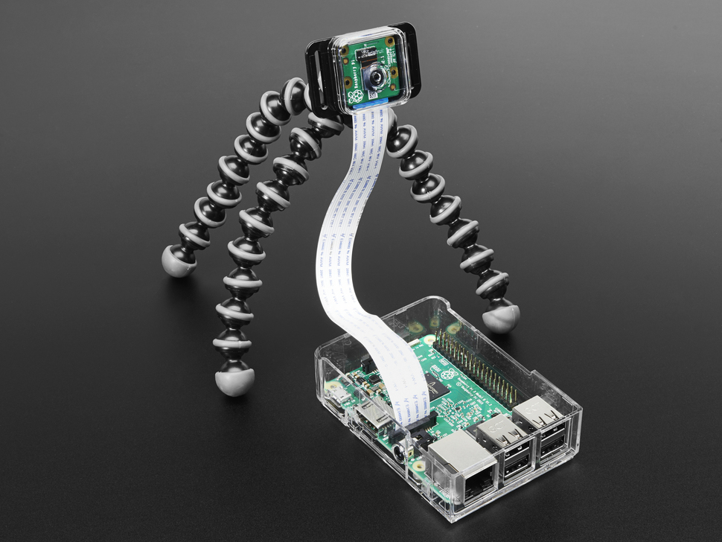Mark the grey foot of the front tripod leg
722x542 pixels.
(x=233, y=380)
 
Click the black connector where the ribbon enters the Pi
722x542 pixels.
(x=417, y=424)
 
